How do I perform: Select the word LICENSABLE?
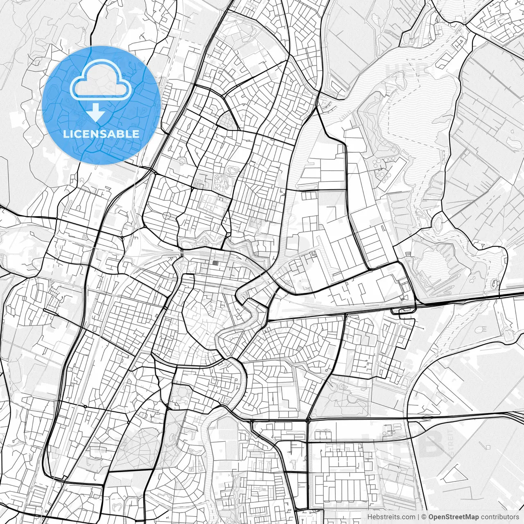101,134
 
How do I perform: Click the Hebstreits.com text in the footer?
391,517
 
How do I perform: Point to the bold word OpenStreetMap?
454,517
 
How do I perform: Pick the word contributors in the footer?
499,517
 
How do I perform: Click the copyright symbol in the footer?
424,517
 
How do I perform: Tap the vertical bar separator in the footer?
418,517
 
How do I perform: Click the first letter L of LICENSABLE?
65,134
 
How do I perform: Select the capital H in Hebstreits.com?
370,517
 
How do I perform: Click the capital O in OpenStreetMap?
431,517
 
